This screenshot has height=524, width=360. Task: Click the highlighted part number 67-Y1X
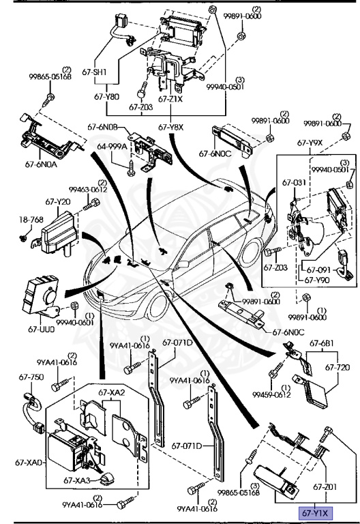point(315,512)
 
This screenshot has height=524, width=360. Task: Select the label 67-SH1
point(94,72)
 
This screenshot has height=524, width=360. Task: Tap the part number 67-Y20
point(58,202)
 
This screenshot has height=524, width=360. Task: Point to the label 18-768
point(31,220)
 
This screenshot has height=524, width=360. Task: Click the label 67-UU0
point(41,329)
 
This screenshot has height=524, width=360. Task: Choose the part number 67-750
point(31,377)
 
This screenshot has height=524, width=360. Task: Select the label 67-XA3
point(77,480)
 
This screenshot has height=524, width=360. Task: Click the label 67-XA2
point(112,392)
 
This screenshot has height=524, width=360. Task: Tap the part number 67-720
point(337,367)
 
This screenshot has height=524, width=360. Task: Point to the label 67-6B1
point(322,343)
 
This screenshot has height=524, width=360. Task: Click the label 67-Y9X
point(310,143)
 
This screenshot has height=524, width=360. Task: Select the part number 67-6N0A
point(41,164)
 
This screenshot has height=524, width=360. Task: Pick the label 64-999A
point(112,147)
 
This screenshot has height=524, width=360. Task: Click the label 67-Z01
point(325,487)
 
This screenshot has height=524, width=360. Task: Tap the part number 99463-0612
point(88,190)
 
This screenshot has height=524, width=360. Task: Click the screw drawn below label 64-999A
point(131,168)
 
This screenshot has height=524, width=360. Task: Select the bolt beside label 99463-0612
point(91,204)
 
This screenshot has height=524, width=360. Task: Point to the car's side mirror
point(183,264)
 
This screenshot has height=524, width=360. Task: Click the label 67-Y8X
point(170,127)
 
